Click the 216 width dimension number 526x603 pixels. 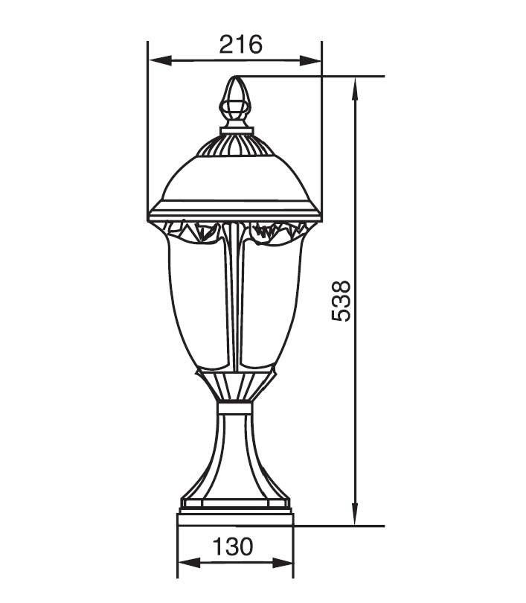[x=241, y=44]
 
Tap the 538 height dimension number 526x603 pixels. [x=341, y=301]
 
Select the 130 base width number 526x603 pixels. [x=233, y=546]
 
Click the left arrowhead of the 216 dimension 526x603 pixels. [x=160, y=60]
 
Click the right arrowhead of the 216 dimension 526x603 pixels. [x=309, y=60]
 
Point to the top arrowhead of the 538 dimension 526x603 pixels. [x=356, y=89]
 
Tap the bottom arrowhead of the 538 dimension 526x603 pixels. [x=356, y=514]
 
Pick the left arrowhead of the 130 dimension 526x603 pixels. [x=190, y=564]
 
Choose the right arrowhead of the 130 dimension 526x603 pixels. [x=282, y=564]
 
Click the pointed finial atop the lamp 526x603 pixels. [x=235, y=102]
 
